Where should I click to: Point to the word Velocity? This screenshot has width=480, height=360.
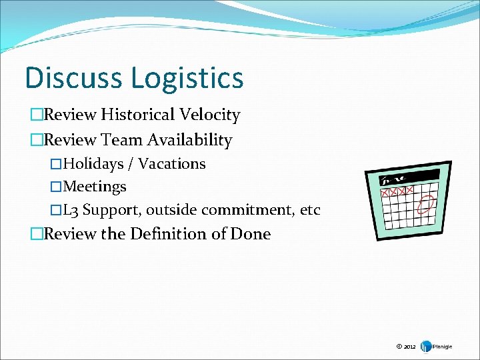tap(209, 115)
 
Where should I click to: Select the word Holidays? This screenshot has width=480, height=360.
tap(93, 164)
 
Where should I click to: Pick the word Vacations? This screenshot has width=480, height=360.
tap(172, 164)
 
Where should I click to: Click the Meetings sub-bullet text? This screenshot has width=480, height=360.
tap(94, 187)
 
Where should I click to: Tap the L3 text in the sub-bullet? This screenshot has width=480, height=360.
tap(71, 211)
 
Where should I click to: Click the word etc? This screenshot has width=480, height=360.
tap(310, 211)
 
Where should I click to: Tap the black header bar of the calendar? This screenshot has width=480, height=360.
tap(409, 178)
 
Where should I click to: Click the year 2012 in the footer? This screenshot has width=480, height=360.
tap(409, 347)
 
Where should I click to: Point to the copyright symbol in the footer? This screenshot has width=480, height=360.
tap(399, 347)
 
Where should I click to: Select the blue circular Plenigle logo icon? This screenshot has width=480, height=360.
tap(424, 347)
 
